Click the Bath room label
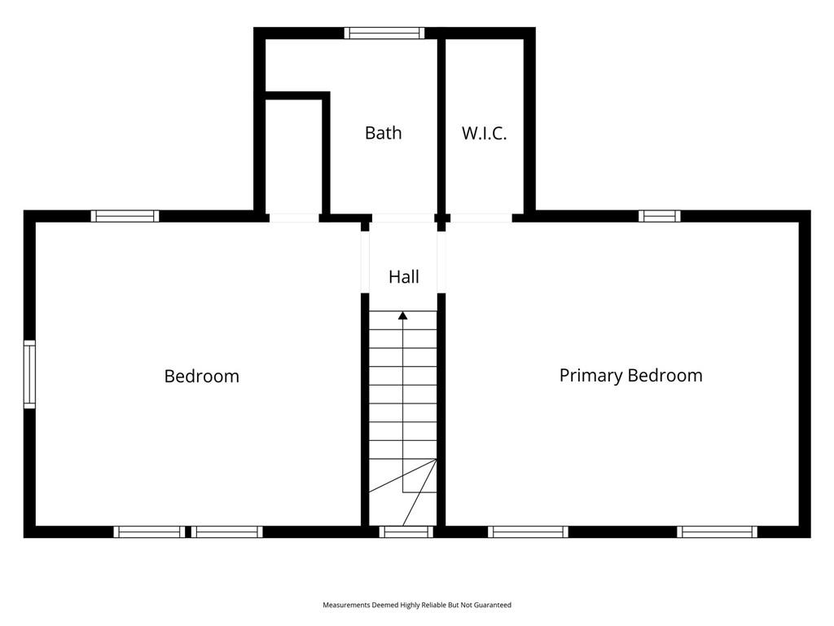click(383, 133)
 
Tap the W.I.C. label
click(484, 133)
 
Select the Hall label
click(404, 277)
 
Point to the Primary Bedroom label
click(631, 376)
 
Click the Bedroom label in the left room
click(202, 377)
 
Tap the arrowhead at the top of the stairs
click(403, 315)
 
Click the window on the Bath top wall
click(384, 33)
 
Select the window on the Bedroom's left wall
click(29, 374)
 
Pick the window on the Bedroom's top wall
click(125, 216)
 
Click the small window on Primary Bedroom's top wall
click(660, 216)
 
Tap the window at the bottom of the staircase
click(406, 531)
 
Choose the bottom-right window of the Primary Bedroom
click(717, 531)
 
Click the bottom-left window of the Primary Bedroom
click(528, 531)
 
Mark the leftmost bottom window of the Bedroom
click(150, 531)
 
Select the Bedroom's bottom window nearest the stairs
click(227, 531)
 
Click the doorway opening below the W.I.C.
click(481, 218)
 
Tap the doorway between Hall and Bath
click(402, 218)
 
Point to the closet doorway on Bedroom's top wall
click(294, 218)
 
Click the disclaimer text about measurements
click(417, 605)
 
